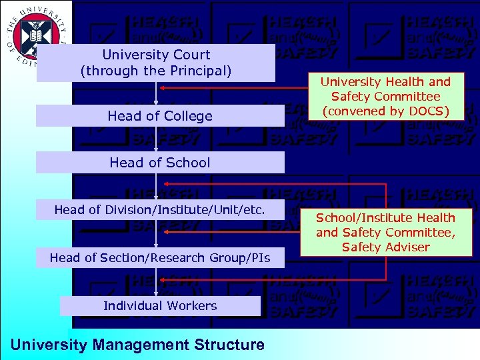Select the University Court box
point(155,63)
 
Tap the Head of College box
point(159,116)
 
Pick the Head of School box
point(159,163)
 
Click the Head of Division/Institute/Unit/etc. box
point(159,210)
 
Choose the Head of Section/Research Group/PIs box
point(159,258)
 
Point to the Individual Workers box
point(160,306)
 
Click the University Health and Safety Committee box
point(385,96)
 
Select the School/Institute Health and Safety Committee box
point(385,233)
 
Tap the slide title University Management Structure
point(138,345)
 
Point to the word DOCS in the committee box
point(429,111)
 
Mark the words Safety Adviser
point(385,247)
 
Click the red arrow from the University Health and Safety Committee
point(227,87)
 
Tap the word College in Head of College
point(189,116)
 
